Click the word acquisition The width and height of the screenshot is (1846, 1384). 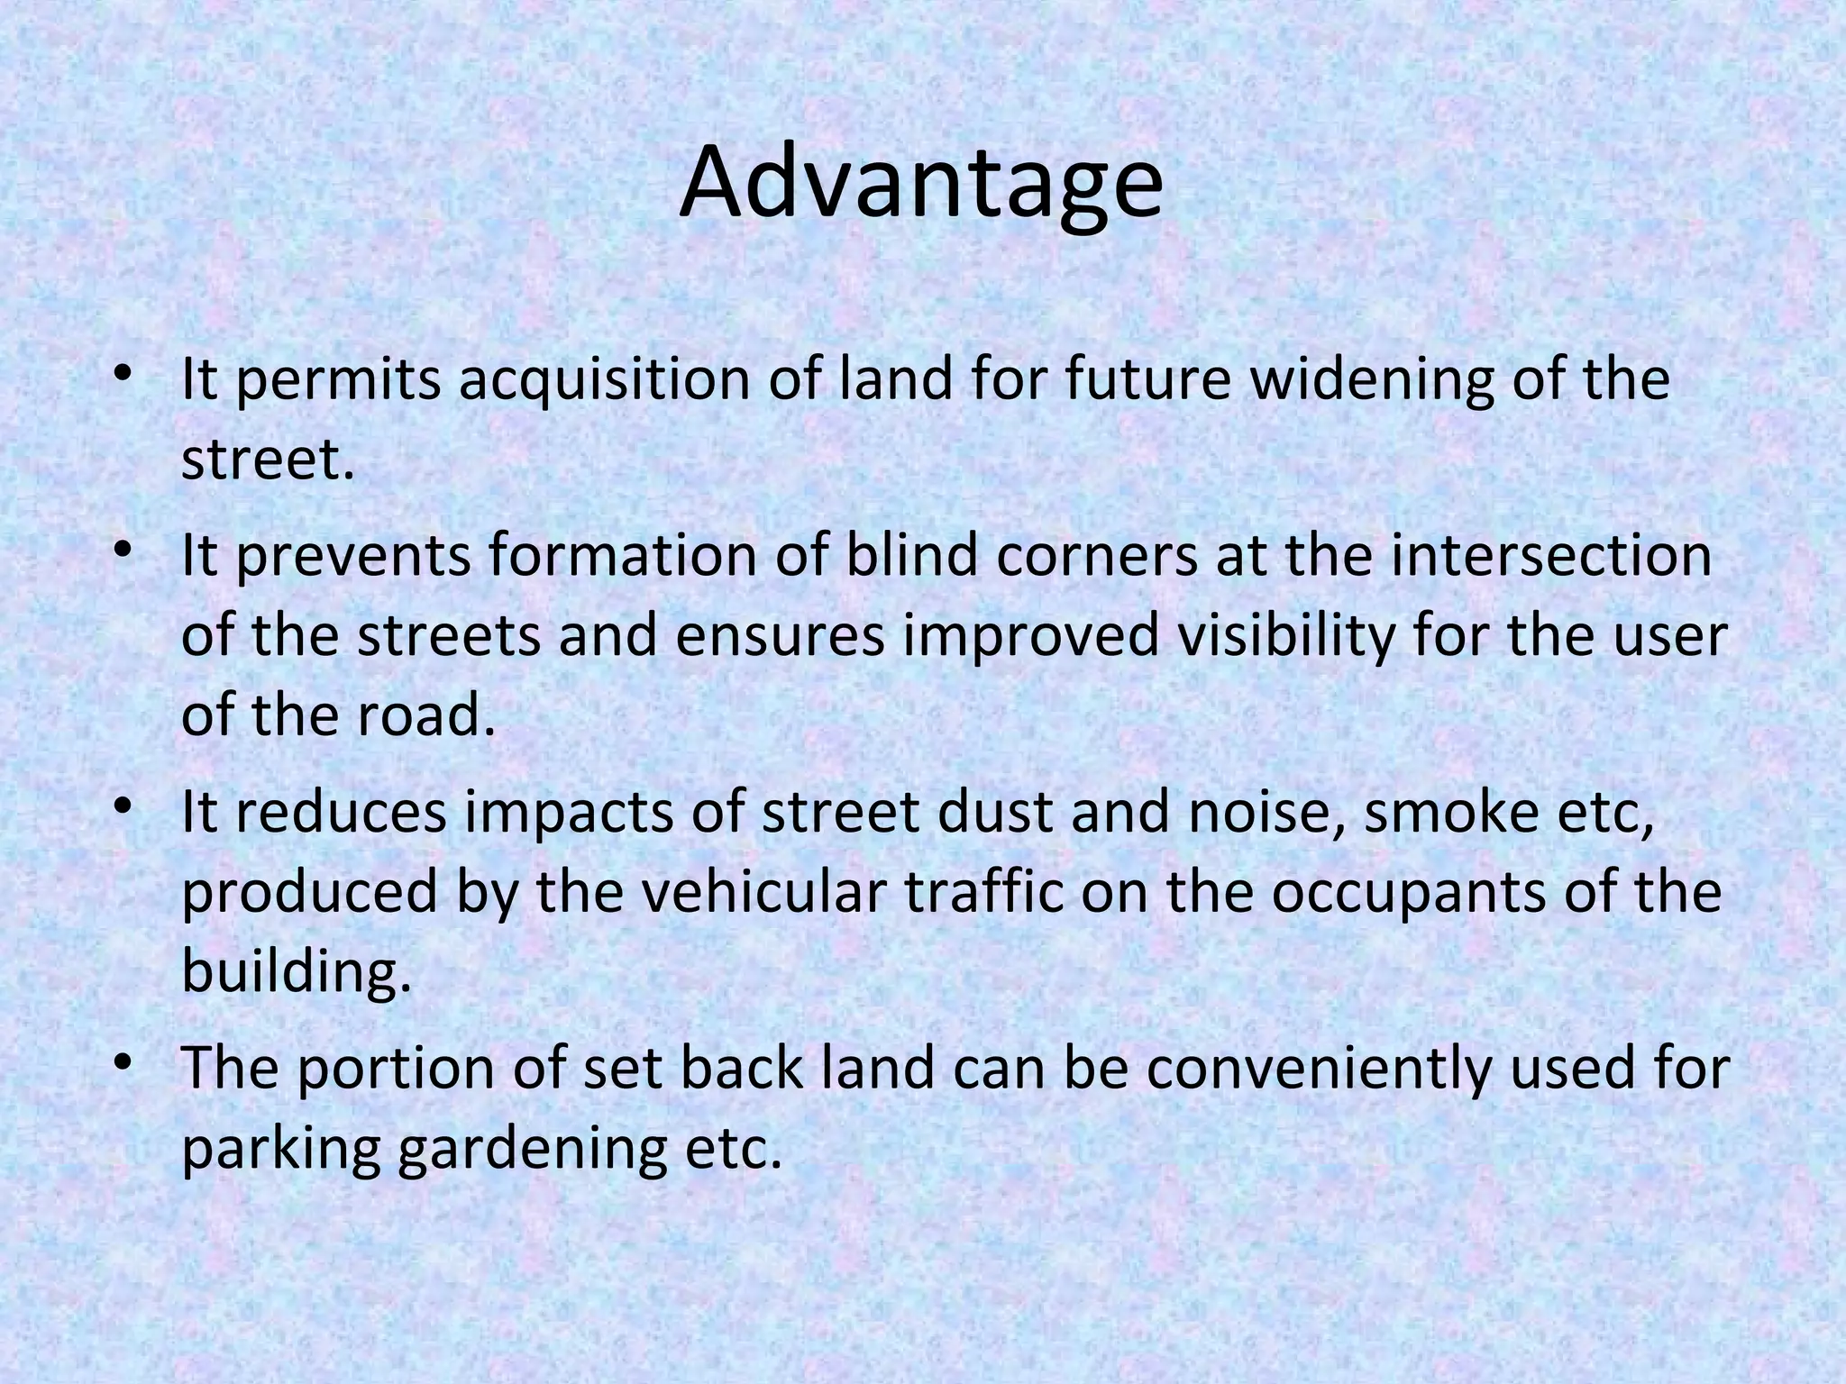tap(603, 380)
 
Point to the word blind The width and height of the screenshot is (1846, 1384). tap(911, 556)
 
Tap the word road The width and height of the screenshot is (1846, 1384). tap(426, 715)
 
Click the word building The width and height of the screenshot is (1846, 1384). tap(296, 973)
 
